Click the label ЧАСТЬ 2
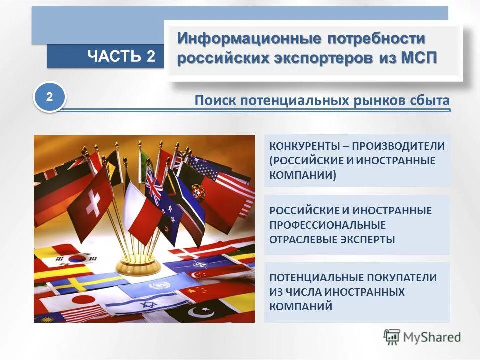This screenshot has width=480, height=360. tap(121, 56)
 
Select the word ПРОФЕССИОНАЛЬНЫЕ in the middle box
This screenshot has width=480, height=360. tap(327, 225)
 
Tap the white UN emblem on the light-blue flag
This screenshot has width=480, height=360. tap(159, 286)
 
